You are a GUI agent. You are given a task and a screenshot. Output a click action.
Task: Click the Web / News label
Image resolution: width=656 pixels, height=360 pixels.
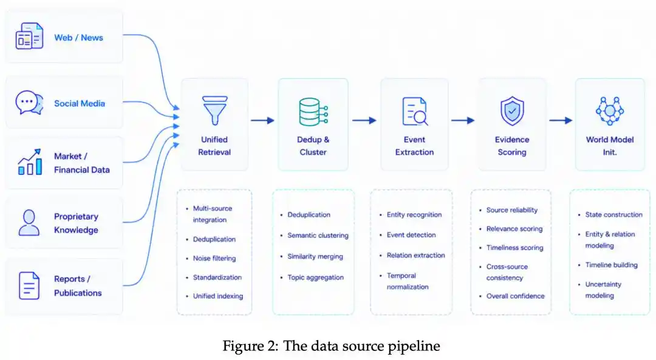(x=78, y=38)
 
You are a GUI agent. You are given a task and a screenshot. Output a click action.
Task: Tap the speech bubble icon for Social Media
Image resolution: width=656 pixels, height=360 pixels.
(x=29, y=103)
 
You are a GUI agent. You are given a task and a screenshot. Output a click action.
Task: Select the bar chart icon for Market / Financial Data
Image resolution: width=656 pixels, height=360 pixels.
(x=30, y=162)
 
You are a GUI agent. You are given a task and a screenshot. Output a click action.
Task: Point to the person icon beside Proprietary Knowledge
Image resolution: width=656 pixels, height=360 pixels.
(x=29, y=223)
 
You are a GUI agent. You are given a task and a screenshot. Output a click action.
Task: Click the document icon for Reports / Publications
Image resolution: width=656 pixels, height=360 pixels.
(x=29, y=286)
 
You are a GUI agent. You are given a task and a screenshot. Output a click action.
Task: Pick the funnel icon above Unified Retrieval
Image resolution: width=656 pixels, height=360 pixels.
(x=214, y=111)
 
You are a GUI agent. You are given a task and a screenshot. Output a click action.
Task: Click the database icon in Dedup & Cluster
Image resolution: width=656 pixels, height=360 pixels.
(x=313, y=112)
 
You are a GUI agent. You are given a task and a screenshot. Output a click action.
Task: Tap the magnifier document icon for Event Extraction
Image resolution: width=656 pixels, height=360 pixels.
(x=415, y=111)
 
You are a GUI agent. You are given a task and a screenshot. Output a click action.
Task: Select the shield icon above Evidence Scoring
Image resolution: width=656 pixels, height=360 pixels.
(x=512, y=111)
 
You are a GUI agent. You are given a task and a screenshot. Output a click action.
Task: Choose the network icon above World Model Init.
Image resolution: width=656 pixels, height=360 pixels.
(x=610, y=111)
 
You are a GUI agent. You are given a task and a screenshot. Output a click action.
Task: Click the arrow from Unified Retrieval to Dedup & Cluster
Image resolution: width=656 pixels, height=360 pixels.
(x=263, y=120)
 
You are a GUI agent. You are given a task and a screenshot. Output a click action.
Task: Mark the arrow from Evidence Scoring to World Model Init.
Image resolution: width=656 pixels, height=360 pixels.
(x=561, y=120)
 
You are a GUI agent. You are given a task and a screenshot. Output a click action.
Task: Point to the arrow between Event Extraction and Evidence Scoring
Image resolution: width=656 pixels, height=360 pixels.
(x=463, y=120)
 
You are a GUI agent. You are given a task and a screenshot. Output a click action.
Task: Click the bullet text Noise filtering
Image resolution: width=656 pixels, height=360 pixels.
(x=214, y=259)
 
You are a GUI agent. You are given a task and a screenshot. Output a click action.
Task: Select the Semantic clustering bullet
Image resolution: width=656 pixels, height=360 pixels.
(x=318, y=236)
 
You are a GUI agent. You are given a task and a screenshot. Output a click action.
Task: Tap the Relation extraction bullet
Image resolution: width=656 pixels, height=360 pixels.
(x=416, y=255)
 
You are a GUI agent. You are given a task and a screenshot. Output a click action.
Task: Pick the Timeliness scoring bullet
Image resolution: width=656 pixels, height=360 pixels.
(x=514, y=248)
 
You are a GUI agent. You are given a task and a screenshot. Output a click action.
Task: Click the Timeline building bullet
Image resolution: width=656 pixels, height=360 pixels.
(x=611, y=265)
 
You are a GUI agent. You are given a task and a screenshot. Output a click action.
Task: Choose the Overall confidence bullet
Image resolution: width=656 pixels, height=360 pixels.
(x=516, y=296)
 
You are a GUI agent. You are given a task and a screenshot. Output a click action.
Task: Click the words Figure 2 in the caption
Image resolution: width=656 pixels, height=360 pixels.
(x=250, y=346)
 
